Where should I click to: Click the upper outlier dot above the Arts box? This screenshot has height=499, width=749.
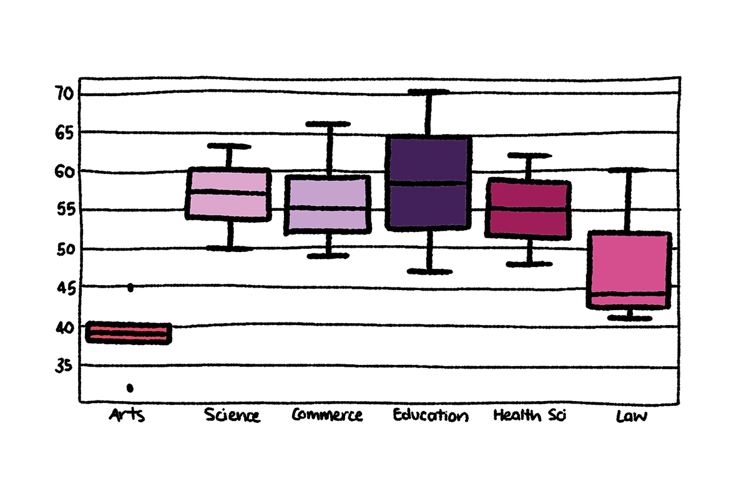tap(130, 288)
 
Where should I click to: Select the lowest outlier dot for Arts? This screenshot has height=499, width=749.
tap(130, 388)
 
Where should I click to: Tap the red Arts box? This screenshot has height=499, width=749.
tap(129, 333)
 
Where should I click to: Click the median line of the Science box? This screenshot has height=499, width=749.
tap(228, 192)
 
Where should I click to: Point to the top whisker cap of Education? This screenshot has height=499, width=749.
tap(429, 92)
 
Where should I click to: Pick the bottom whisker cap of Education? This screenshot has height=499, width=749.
tap(429, 271)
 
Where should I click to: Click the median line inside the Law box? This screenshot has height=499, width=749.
tap(629, 294)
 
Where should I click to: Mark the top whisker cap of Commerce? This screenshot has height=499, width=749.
tap(328, 124)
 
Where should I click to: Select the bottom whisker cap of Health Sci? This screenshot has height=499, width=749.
tap(529, 264)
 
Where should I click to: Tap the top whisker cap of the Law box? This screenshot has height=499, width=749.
tap(628, 170)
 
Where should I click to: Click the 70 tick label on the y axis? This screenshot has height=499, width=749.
tap(64, 93)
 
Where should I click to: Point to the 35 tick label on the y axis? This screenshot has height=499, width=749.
tap(64, 366)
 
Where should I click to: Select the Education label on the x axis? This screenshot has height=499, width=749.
tap(431, 415)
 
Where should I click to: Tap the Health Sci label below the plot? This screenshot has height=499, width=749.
tap(529, 415)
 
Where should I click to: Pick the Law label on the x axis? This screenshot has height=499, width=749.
tap(632, 416)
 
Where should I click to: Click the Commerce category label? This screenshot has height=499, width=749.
tap(327, 415)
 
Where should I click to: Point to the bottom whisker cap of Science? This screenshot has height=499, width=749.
tap(230, 248)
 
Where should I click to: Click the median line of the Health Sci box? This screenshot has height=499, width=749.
tap(528, 209)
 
